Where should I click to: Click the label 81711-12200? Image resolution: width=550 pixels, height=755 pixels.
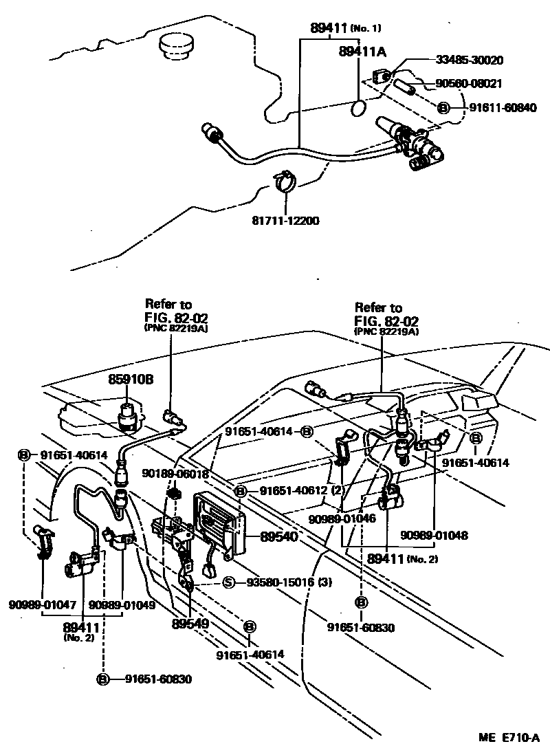(x=285, y=221)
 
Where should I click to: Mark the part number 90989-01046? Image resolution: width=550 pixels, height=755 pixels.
(x=342, y=518)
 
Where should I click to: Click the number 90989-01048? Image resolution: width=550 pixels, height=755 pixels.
(x=434, y=534)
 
